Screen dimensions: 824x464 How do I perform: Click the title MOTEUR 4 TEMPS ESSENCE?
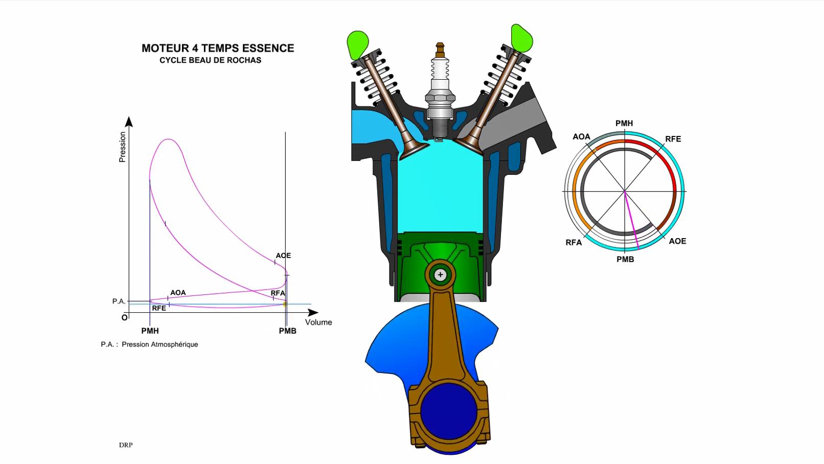point(218,48)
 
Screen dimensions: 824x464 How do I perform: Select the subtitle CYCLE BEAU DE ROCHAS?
point(211,60)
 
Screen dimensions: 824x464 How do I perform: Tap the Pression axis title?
point(122,147)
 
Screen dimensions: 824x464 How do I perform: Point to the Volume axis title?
point(318,322)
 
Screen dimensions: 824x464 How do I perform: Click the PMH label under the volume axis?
point(150,331)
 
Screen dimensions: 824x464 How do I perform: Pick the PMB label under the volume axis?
point(288,331)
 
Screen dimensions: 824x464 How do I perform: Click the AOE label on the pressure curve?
point(283,256)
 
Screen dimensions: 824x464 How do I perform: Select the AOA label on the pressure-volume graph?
point(178,293)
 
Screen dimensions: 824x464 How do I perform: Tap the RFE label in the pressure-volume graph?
point(159,308)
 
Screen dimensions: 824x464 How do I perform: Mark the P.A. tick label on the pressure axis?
point(119,301)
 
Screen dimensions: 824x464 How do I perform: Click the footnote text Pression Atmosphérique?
point(160,344)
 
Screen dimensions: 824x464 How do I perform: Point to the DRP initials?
point(126,445)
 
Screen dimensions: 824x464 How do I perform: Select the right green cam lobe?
point(522,38)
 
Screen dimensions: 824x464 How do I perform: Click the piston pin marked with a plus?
point(440,274)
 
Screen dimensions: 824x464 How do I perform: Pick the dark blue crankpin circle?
point(449,412)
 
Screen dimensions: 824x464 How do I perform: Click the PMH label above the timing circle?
point(624,124)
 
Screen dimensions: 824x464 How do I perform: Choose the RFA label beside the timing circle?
point(574,243)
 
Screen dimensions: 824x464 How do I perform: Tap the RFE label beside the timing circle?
point(673,139)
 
